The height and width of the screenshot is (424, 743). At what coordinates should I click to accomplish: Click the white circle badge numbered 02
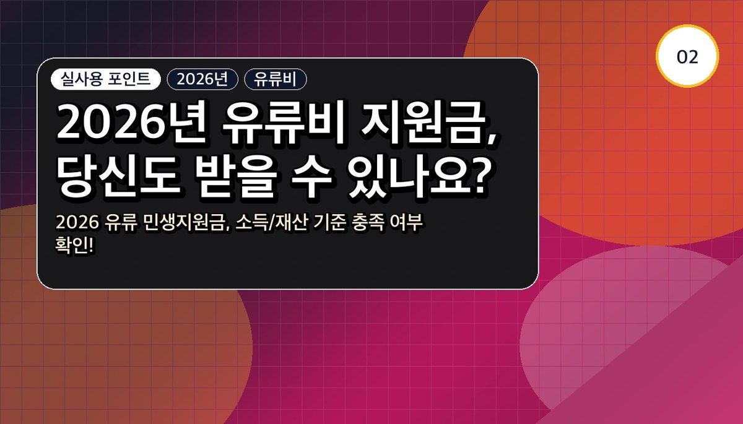pos(687,56)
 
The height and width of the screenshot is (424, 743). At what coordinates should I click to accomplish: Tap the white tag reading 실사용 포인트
pos(106,79)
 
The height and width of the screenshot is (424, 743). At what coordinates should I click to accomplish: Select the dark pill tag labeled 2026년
pos(202,79)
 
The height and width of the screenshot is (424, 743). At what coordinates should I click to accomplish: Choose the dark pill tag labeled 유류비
pos(276,79)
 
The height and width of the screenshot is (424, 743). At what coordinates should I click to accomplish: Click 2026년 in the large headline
pos(131,123)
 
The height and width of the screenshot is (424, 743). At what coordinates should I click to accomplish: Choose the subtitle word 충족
pos(368,222)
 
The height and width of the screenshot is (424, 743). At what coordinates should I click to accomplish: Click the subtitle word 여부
pos(407,222)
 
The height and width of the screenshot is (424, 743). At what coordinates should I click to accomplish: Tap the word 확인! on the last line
pos(74,246)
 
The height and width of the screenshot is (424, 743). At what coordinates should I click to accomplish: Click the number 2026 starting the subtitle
pos(77,223)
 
